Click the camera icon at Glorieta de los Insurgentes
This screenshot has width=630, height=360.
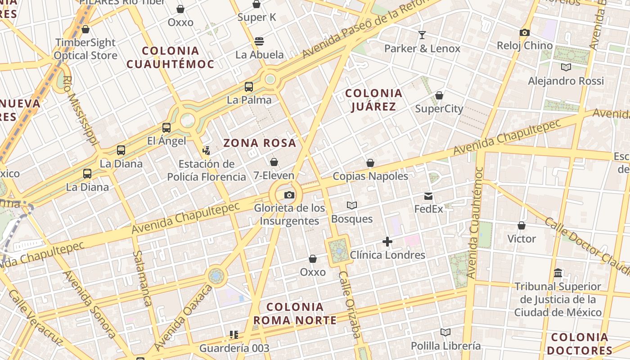[289, 195]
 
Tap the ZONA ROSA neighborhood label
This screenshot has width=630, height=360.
[260, 143]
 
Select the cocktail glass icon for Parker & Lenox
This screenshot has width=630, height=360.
[422, 35]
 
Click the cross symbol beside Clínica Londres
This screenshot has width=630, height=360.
[387, 242]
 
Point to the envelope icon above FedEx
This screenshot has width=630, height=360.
[428, 196]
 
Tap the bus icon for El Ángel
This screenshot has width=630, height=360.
[166, 128]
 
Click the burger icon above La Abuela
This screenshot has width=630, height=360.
[259, 41]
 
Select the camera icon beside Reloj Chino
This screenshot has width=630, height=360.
[524, 32]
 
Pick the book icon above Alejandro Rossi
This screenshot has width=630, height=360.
[566, 67]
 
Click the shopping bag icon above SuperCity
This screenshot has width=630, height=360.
[439, 95]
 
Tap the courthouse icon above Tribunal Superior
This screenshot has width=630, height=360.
[558, 273]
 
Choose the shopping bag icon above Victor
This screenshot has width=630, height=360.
[522, 225]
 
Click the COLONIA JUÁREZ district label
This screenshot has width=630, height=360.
[373, 100]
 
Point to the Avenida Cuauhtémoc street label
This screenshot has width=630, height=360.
[474, 223]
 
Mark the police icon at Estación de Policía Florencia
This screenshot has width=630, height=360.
[207, 150]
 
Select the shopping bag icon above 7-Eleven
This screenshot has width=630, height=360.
[274, 162]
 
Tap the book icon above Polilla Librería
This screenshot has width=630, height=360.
[445, 333]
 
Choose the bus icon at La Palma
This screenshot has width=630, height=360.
[249, 87]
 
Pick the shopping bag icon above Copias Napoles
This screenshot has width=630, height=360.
[370, 163]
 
